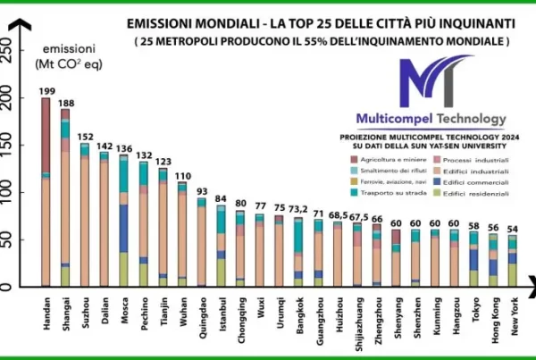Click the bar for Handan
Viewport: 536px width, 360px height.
[x=46, y=192]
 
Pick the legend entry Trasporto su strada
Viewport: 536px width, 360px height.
[x=387, y=192]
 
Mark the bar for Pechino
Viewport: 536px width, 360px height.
[x=143, y=224]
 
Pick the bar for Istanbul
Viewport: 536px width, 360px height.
[x=221, y=247]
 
